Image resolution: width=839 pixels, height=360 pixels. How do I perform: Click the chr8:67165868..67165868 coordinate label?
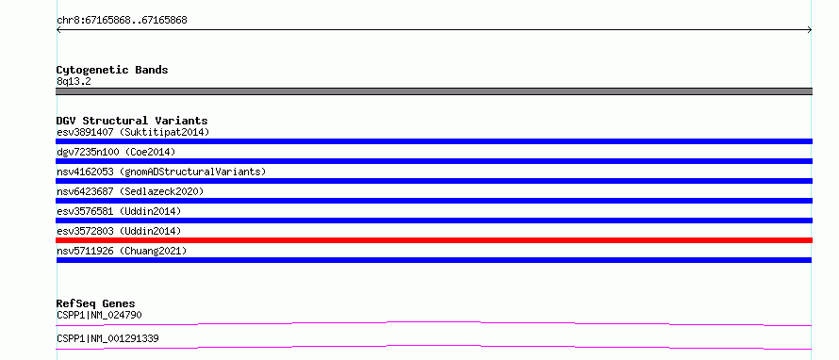(122, 21)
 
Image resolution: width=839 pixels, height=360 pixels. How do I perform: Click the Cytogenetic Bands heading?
(112, 70)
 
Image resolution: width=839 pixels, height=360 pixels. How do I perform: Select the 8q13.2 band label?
(74, 81)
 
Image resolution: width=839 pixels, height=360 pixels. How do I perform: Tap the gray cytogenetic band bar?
(434, 91)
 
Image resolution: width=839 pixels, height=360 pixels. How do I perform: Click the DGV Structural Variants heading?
(132, 121)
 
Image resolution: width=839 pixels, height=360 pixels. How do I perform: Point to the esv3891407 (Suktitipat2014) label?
(133, 132)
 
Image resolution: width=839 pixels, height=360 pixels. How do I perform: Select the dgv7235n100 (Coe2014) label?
(116, 152)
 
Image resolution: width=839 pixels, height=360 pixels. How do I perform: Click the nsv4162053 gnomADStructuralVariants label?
(161, 172)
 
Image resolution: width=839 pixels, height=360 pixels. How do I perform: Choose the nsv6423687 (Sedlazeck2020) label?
(130, 191)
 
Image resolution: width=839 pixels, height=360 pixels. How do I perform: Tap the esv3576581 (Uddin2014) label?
(119, 211)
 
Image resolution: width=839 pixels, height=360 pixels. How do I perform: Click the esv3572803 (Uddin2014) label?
(119, 231)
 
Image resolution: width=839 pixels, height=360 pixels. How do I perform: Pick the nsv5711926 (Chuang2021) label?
(122, 251)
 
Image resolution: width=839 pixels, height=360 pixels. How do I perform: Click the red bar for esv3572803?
(434, 240)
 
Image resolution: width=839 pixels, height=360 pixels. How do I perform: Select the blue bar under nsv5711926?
(434, 260)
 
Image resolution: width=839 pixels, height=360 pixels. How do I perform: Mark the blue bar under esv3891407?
(434, 141)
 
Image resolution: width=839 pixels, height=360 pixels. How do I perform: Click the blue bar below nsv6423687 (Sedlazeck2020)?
(434, 201)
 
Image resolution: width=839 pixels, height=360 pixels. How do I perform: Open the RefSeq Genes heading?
(96, 303)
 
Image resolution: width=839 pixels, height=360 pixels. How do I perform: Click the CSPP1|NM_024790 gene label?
(99, 315)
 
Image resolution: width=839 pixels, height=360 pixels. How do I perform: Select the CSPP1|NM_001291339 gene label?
(107, 338)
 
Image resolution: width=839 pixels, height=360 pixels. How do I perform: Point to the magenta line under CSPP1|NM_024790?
(434, 322)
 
